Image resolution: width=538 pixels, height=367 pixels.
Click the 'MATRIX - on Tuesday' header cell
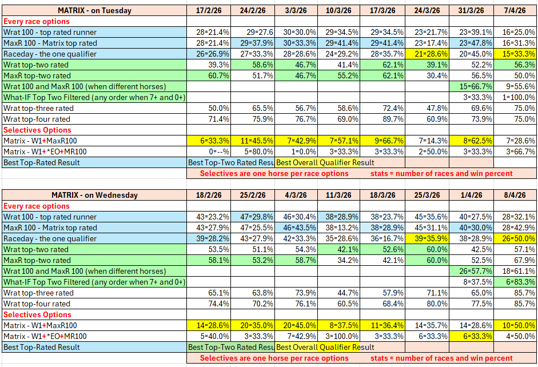coord(94,10)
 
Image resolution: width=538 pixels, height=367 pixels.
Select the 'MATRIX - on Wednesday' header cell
coord(94,195)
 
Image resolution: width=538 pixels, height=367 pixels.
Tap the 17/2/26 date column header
coord(209,10)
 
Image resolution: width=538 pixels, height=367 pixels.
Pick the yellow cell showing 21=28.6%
coord(427,54)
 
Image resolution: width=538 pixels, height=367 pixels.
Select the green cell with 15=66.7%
coord(471,86)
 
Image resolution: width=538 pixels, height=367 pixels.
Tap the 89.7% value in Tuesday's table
coord(383,119)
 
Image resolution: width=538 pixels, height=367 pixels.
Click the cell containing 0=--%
coord(209,151)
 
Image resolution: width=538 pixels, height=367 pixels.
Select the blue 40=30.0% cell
coord(471,228)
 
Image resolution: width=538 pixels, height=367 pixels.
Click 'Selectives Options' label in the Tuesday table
coord(37,130)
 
